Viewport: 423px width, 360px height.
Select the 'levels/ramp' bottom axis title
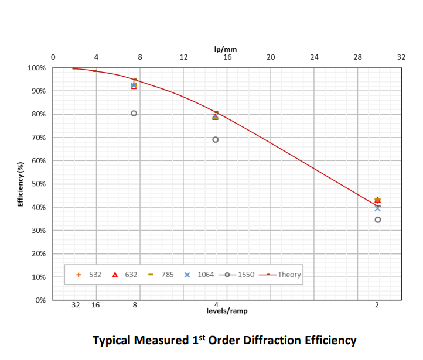(x=227, y=311)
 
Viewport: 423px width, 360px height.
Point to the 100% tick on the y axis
(x=37, y=68)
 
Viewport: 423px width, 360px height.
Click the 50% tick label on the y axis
(x=38, y=184)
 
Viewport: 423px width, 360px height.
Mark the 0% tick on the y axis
(x=40, y=300)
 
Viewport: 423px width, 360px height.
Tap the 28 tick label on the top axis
(x=357, y=57)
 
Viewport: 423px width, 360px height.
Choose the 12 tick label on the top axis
(x=183, y=57)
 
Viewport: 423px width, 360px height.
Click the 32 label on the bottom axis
(x=76, y=305)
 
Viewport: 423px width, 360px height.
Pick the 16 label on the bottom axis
(x=95, y=305)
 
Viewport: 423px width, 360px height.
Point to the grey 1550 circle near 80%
(x=134, y=114)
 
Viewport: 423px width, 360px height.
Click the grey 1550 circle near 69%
(x=215, y=139)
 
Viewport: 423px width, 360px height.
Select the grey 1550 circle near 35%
(x=377, y=220)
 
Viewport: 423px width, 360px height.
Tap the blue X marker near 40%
(x=377, y=208)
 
